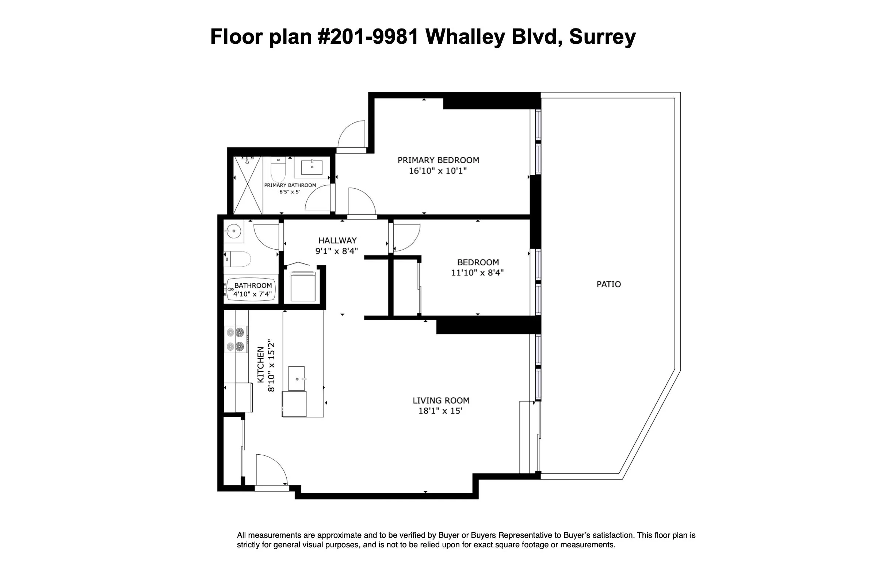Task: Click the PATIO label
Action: click(x=608, y=285)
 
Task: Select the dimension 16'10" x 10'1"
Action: click(x=438, y=171)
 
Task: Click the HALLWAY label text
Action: click(x=337, y=240)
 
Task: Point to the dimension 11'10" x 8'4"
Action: click(x=477, y=273)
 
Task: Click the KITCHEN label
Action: click(x=260, y=365)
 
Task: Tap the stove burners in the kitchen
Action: click(x=236, y=339)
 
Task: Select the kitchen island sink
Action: click(x=297, y=378)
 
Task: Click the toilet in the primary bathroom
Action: click(x=278, y=169)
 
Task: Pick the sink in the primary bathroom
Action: click(x=312, y=167)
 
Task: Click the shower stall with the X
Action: click(x=248, y=185)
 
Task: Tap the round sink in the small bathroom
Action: click(x=234, y=231)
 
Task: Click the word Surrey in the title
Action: click(x=602, y=37)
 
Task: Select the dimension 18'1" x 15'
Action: click(x=440, y=411)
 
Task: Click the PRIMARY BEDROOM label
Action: click(x=438, y=160)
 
